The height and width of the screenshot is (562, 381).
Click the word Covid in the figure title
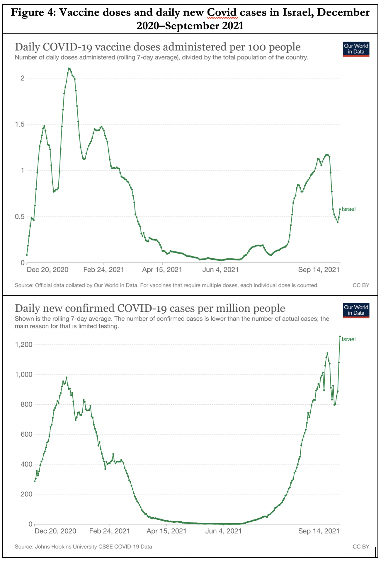coord(222,13)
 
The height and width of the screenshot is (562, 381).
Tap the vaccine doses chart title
coord(158,47)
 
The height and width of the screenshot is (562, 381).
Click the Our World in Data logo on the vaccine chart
coord(356,49)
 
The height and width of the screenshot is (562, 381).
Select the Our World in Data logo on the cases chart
coord(356,310)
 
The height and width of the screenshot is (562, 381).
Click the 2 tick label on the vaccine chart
coord(22,78)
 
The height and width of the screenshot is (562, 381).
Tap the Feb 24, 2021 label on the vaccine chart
coord(104,270)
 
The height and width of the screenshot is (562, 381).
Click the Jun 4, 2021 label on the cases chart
coord(223,531)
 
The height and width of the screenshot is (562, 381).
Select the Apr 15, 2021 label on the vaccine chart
coord(162,270)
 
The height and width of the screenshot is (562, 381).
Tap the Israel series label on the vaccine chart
coord(348,209)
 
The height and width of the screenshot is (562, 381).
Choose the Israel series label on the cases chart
coord(348,339)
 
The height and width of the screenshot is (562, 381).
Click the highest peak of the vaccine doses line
coord(69,69)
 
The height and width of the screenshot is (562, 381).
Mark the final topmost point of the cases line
coord(340,337)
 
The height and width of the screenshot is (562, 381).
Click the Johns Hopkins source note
coord(84,546)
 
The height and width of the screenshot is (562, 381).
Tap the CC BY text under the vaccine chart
coord(361,285)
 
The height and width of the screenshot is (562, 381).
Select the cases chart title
coord(150,308)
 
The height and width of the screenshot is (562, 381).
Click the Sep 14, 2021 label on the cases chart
coord(319,531)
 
